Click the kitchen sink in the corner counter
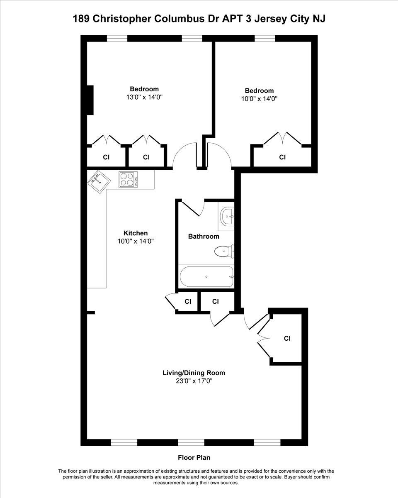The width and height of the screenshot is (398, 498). click(99, 182)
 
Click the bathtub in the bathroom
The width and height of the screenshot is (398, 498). click(206, 276)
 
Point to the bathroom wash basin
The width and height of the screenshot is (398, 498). click(227, 216)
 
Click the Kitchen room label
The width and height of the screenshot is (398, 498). click(136, 233)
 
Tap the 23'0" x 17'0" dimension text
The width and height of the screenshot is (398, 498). click(194, 381)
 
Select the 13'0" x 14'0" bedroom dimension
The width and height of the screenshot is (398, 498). click(144, 97)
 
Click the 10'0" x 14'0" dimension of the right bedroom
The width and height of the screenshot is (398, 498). click(259, 99)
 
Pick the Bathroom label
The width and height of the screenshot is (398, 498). click(204, 236)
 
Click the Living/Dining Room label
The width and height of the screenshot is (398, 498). click(194, 373)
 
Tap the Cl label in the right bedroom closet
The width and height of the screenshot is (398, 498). click(282, 157)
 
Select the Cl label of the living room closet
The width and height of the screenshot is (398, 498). click(287, 338)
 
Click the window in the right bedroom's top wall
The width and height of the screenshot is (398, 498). click(265, 39)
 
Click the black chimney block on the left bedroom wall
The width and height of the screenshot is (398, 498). click(90, 100)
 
